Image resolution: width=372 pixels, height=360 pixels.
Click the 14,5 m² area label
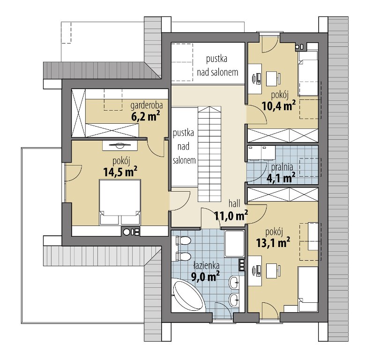pyautogui.click(x=120, y=172)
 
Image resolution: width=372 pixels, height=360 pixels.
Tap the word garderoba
pyautogui.click(x=146, y=105)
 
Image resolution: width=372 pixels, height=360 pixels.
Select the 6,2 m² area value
pyautogui.click(x=145, y=116)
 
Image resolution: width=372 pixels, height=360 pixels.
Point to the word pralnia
pyautogui.click(x=282, y=167)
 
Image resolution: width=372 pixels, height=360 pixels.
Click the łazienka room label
pyautogui.click(x=206, y=266)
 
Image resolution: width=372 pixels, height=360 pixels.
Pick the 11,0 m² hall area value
pyautogui.click(x=231, y=215)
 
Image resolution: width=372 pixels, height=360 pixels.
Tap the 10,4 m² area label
pyautogui.click(x=279, y=106)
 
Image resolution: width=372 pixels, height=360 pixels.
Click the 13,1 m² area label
pyautogui.click(x=273, y=242)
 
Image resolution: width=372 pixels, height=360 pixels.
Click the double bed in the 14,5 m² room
pyautogui.click(x=120, y=202)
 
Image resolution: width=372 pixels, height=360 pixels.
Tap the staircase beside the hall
pyautogui.click(x=209, y=154)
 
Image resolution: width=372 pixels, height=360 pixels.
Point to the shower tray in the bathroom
pyautogui.click(x=234, y=243)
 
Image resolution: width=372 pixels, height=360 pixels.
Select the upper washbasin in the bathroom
pyautogui.click(x=234, y=282)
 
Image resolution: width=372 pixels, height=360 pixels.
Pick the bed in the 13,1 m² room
pyautogui.click(x=308, y=289)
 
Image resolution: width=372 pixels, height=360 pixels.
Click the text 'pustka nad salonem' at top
pyautogui.click(x=217, y=66)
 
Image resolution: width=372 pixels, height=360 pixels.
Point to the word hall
pyautogui.click(x=234, y=203)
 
